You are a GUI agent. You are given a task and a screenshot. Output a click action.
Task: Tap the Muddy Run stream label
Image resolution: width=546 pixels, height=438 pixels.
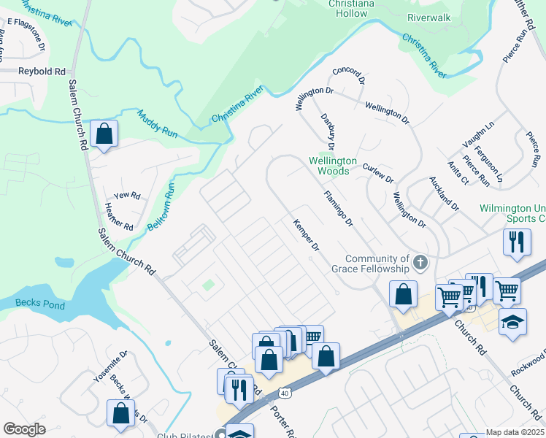(157, 123)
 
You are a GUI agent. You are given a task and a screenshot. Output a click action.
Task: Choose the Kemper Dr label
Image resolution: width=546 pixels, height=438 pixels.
(306, 235)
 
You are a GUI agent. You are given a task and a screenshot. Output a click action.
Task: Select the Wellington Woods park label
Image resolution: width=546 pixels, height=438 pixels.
(332, 165)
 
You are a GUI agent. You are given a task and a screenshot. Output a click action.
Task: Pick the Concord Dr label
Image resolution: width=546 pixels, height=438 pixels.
(347, 80)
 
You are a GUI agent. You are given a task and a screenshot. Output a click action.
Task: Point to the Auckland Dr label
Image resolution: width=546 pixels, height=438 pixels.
(444, 193)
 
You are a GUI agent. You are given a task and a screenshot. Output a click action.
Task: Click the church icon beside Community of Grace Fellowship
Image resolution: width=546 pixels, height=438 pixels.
(420, 262)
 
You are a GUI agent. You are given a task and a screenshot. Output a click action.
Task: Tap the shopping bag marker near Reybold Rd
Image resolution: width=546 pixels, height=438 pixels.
(104, 134)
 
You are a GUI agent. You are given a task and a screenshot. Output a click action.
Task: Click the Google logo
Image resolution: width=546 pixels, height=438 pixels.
(24, 429)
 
